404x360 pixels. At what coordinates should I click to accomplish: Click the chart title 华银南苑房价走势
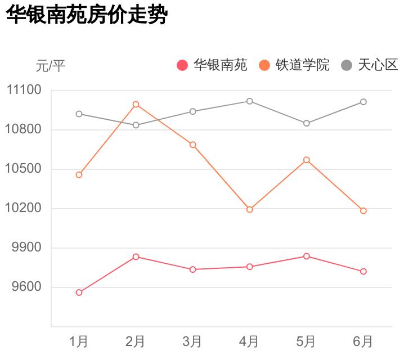point(87,16)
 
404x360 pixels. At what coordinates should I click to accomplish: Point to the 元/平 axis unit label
point(51,66)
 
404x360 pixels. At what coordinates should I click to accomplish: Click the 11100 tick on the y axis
point(25,91)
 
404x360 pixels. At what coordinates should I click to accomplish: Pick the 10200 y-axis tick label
point(25,209)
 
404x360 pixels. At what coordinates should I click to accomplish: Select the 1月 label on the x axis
point(79,341)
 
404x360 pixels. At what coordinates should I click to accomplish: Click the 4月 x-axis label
point(249,341)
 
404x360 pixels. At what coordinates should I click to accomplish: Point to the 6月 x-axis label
point(363,341)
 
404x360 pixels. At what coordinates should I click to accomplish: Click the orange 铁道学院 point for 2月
point(136,104)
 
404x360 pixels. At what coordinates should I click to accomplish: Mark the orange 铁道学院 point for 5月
point(307,160)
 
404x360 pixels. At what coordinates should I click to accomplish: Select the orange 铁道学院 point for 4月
point(249,209)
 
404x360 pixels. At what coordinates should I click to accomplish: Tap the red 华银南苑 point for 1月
point(79,292)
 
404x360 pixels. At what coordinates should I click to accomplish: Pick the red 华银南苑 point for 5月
point(307,256)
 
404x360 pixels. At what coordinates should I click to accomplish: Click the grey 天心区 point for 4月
point(249,101)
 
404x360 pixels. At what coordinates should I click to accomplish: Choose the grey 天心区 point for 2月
point(136,125)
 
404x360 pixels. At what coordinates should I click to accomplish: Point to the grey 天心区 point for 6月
point(363,102)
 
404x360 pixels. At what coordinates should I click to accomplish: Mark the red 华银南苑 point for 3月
point(192,269)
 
